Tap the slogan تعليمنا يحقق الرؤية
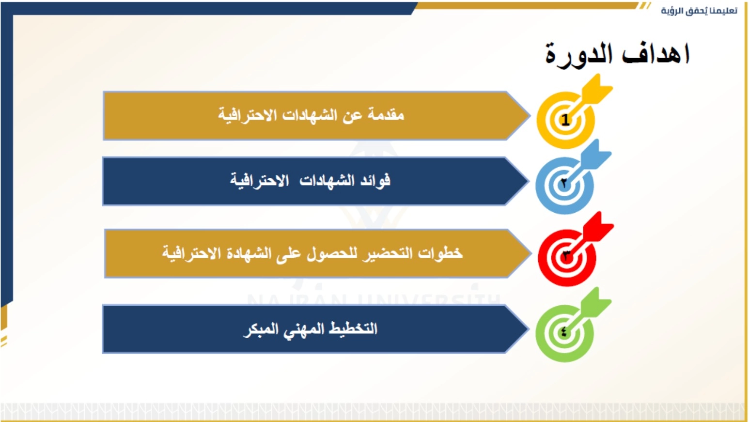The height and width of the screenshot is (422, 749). click(699, 11)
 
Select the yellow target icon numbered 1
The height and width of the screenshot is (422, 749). click(574, 112)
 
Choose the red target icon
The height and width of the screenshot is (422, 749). click(575, 249)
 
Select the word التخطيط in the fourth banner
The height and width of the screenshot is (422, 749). click(353, 328)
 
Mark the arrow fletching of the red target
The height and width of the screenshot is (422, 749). click(598, 227)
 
